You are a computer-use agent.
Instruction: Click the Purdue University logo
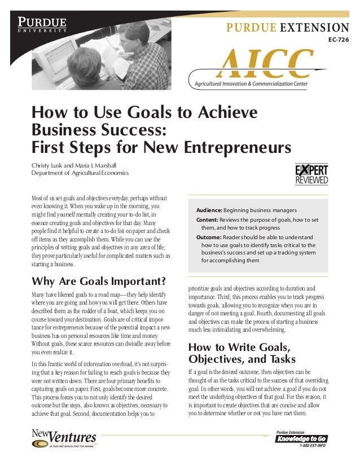[x=43, y=25]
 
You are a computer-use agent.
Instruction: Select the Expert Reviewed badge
[x=311, y=174]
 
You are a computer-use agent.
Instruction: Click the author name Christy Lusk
[x=46, y=165]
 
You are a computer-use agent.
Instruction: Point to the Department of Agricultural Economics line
[x=80, y=173]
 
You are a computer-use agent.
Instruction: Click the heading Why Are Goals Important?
[x=99, y=282]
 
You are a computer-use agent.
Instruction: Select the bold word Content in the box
[x=208, y=219]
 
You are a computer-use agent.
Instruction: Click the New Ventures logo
[x=63, y=438]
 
